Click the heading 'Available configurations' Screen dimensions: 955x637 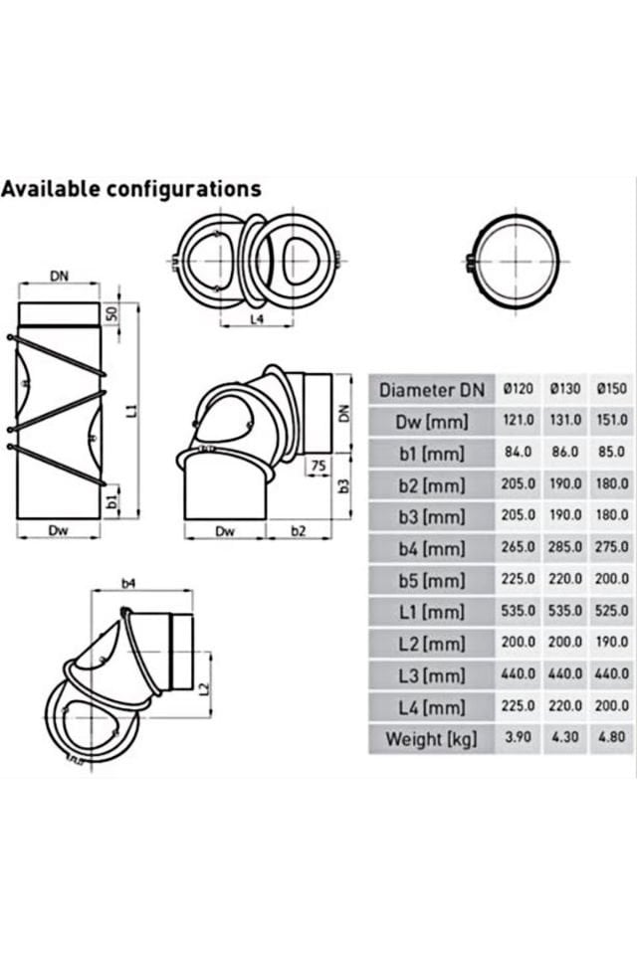pos(130,189)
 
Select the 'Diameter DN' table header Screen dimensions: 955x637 pos(432,389)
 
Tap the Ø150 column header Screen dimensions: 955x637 pos(610,389)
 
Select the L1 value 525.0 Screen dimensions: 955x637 pos(610,610)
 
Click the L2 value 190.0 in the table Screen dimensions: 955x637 pos(610,643)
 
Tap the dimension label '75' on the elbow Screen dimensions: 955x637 pos(318,466)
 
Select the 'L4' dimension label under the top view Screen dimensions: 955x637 pos(256,319)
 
